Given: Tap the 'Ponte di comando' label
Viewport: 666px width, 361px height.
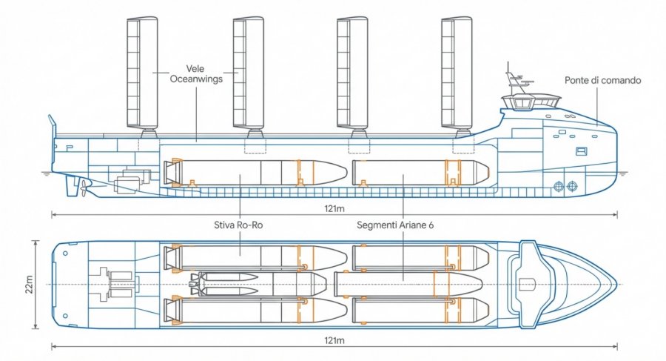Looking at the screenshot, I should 602,80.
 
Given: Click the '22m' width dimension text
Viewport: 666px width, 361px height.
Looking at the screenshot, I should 29,285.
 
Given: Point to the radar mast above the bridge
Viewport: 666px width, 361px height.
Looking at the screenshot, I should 513,82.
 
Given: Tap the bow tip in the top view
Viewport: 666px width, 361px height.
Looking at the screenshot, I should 616,285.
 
